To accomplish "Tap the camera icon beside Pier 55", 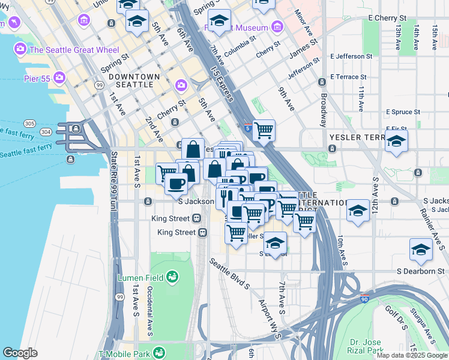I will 59,77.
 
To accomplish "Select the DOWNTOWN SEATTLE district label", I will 134,80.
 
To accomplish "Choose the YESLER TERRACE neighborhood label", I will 360,137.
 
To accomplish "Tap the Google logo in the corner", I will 20,353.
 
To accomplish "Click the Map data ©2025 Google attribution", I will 412,355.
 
